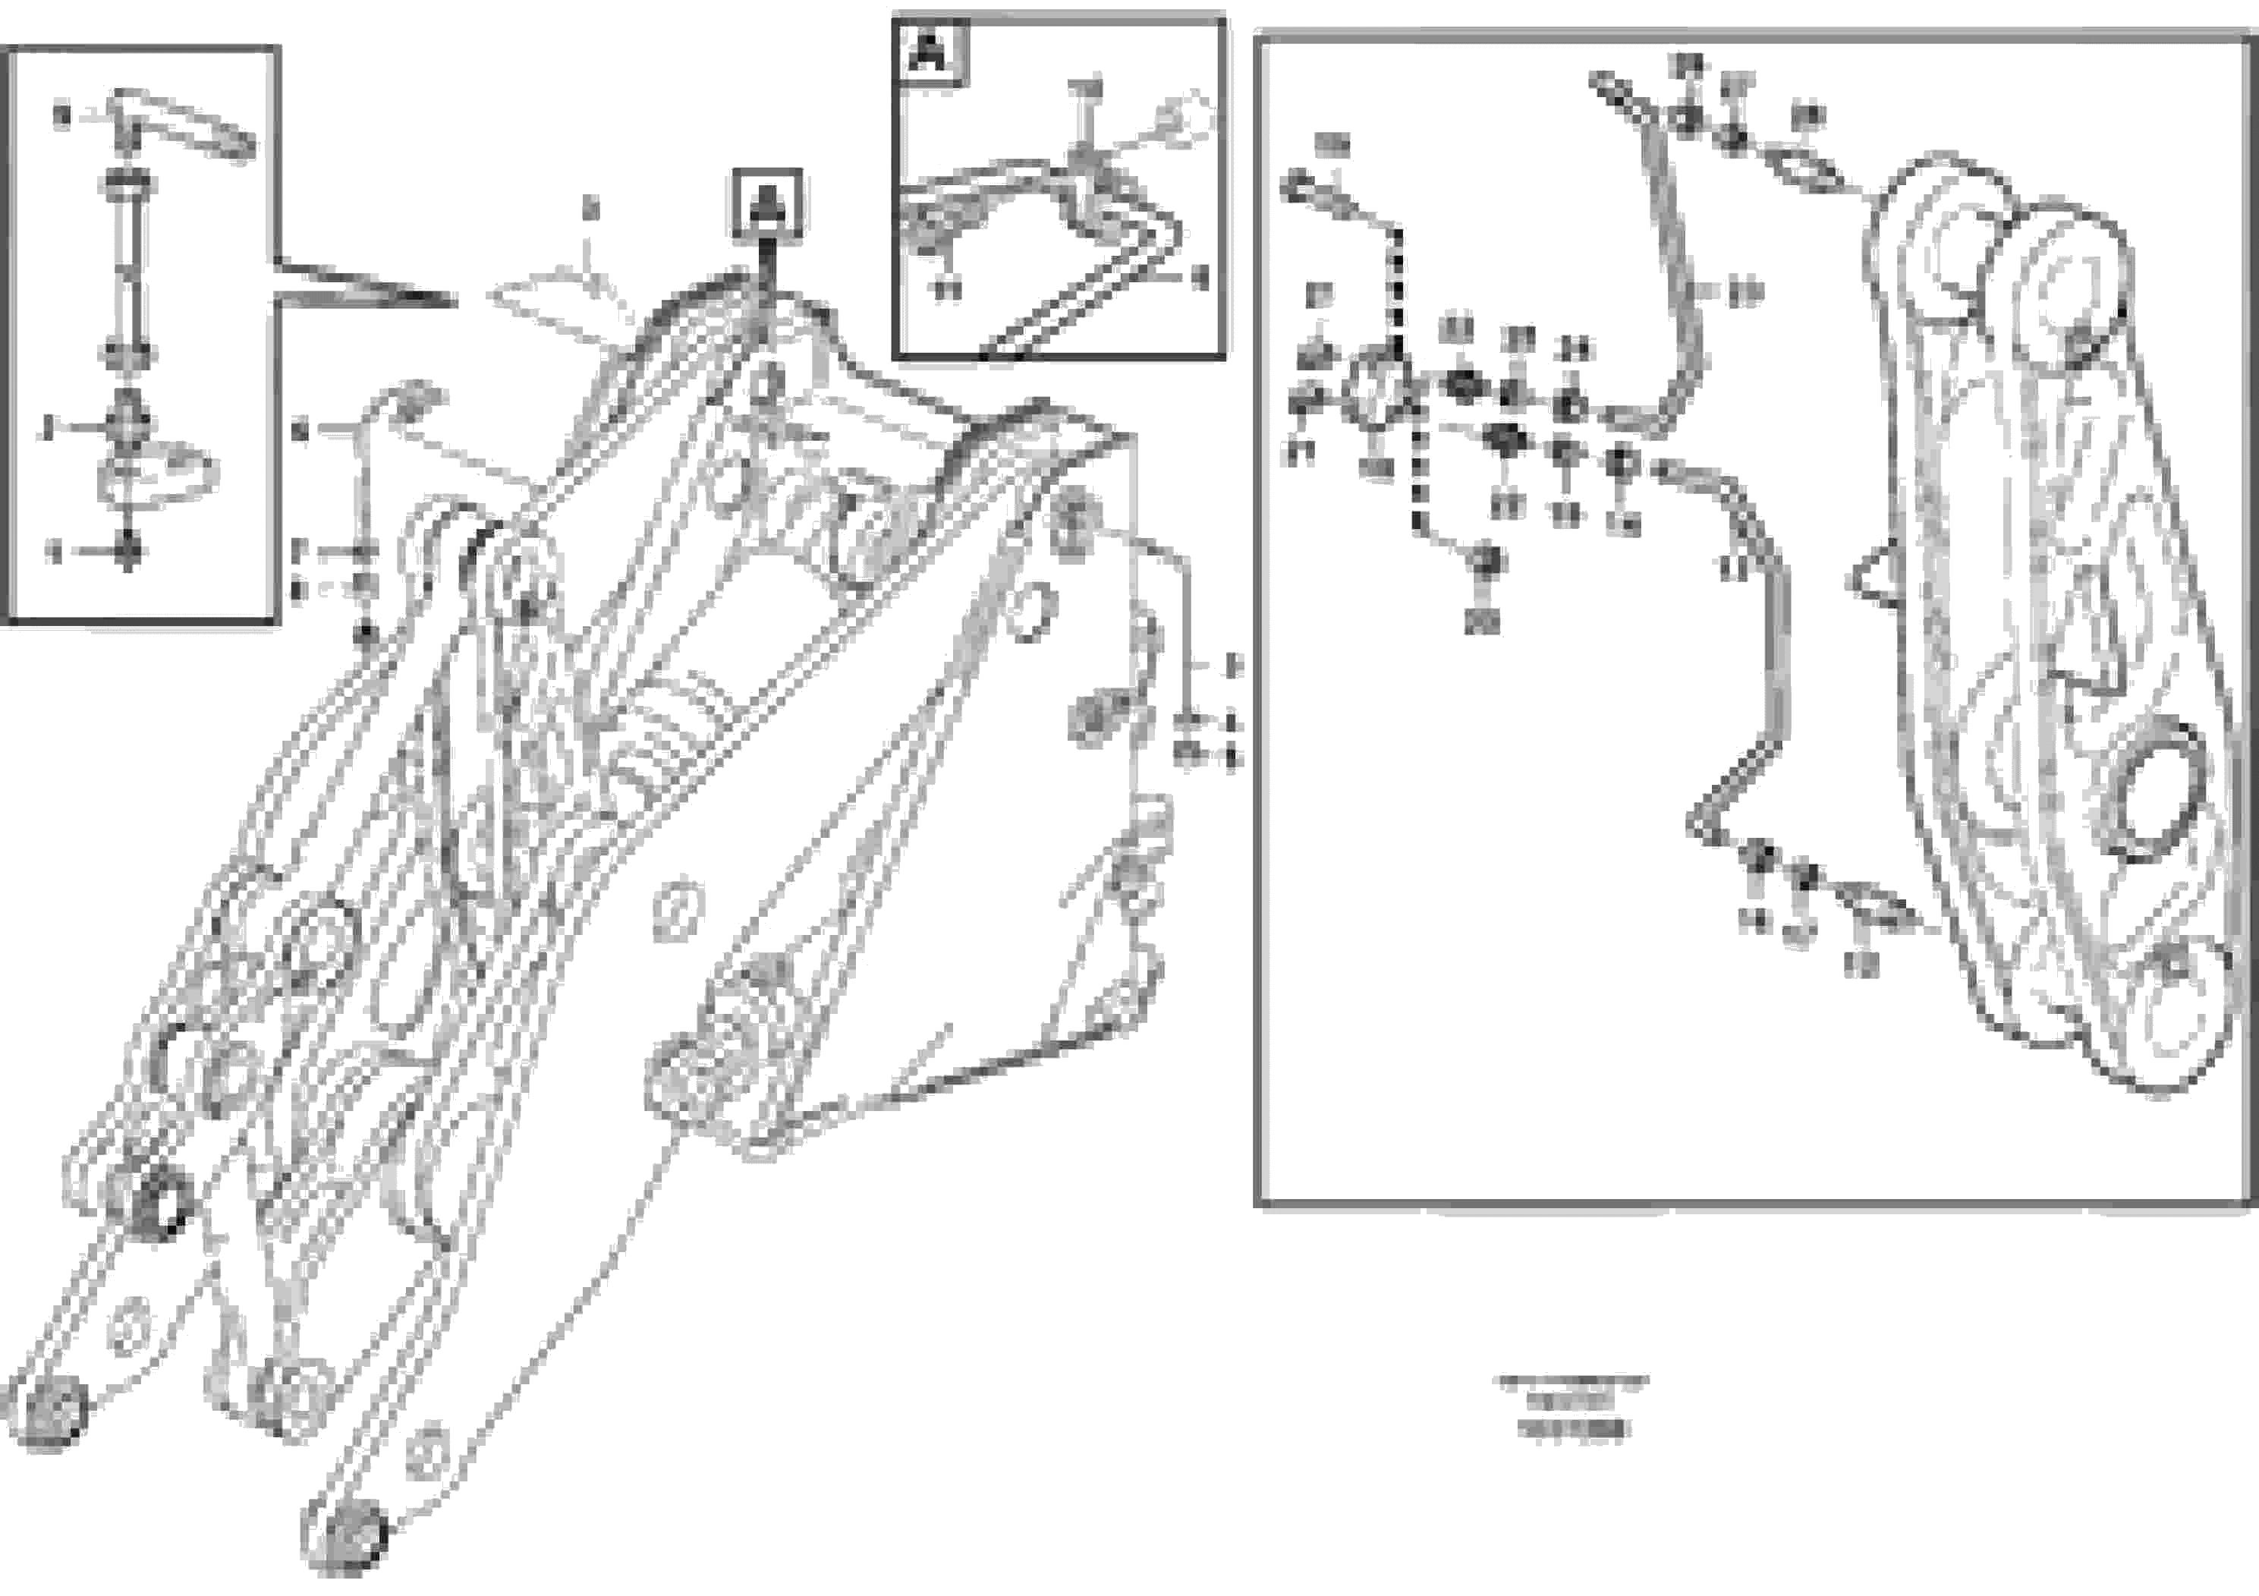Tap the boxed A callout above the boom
pyautogui.click(x=766, y=203)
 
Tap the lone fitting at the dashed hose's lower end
pyautogui.click(x=1487, y=563)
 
